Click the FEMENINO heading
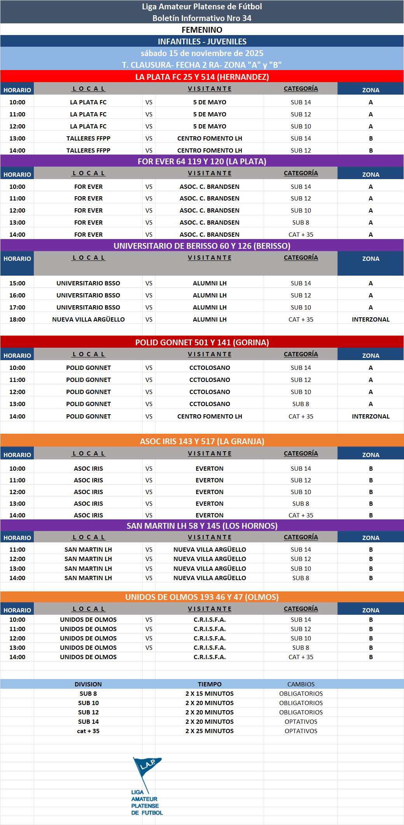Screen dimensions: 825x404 point(202,30)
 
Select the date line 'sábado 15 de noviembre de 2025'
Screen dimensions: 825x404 point(202,53)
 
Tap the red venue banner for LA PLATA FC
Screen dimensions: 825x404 point(202,77)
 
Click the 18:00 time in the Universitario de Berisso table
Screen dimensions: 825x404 point(17,319)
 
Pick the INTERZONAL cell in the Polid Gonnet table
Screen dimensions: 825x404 point(371,416)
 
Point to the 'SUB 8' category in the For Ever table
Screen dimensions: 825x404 point(301,222)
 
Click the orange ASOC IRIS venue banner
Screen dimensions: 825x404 point(202,441)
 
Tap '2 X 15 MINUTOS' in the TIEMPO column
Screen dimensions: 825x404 point(210,693)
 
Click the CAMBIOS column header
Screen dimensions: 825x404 point(301,684)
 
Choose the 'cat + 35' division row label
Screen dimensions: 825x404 point(88,731)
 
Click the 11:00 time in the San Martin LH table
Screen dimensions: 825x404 point(17,549)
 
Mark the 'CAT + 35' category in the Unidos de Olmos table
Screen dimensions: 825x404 point(301,657)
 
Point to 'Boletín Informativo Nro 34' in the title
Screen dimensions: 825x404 point(202,18)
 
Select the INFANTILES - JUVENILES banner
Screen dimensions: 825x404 point(202,42)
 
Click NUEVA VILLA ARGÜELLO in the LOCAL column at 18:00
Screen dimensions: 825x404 point(88,319)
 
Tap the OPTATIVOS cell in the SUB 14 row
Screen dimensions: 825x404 point(301,721)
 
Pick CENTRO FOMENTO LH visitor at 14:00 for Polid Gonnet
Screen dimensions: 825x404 point(210,416)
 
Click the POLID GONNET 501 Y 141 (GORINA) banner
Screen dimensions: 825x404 point(202,342)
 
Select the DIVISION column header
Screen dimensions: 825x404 point(88,684)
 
